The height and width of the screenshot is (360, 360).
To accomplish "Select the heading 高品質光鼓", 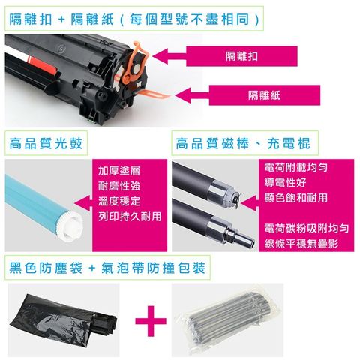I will (x=46, y=142).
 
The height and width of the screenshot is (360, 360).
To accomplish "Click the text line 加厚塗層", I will (x=119, y=170).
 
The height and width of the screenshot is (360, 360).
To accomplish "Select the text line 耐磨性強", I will (x=119, y=186).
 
